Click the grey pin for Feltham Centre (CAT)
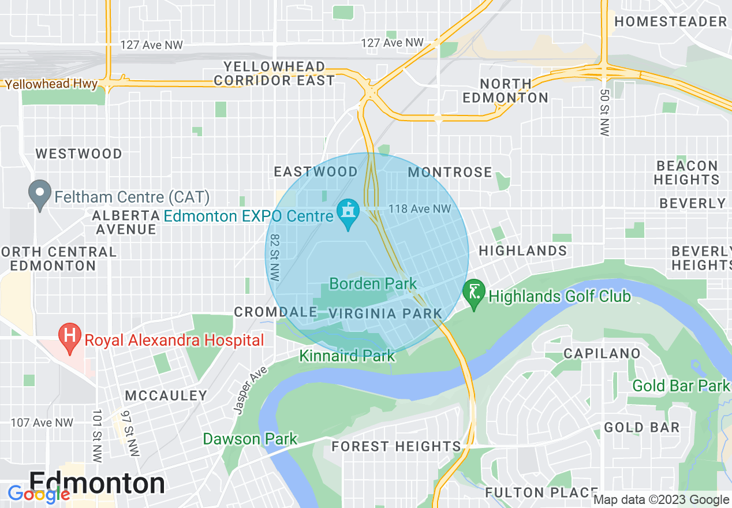40,196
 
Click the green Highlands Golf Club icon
473,295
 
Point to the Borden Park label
373,283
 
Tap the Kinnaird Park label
347,356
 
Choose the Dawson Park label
250,439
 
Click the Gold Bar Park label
681,385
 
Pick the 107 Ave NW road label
42,423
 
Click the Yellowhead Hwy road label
51,84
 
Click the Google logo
39,494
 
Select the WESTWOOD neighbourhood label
79,154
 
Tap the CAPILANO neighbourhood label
602,353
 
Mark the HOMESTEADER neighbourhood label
670,22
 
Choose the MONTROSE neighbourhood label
450,172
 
